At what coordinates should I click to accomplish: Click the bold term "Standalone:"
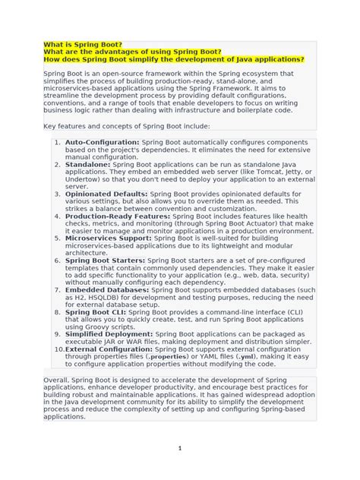(x=89, y=163)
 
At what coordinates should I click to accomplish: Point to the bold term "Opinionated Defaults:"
(x=106, y=194)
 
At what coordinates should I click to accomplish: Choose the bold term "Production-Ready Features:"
(x=116, y=216)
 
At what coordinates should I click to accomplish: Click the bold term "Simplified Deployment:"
(x=107, y=333)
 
